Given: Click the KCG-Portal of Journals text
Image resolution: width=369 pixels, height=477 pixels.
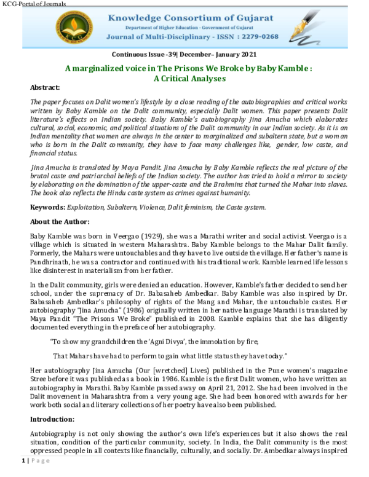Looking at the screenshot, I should pos(34,4).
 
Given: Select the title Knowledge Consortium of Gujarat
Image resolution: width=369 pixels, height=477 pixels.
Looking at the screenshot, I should pos(190,18).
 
